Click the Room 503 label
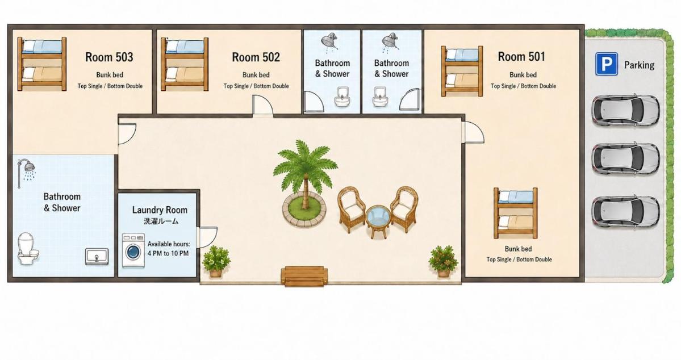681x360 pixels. (x=109, y=57)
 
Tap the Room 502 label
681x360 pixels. (x=256, y=57)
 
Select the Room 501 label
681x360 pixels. (x=521, y=56)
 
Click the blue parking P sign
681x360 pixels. (x=606, y=64)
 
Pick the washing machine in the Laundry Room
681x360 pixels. (x=133, y=251)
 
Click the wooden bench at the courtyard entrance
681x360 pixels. (x=304, y=276)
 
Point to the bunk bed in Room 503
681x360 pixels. (x=41, y=64)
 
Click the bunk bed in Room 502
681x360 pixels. (x=185, y=64)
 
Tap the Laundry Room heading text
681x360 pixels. (x=160, y=210)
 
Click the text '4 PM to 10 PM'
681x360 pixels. (x=168, y=253)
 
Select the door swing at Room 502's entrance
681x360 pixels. (x=263, y=104)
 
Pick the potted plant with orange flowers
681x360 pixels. (x=443, y=261)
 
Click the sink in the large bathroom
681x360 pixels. (x=97, y=256)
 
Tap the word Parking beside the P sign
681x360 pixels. (x=639, y=65)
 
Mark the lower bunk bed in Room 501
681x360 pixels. (x=516, y=213)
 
